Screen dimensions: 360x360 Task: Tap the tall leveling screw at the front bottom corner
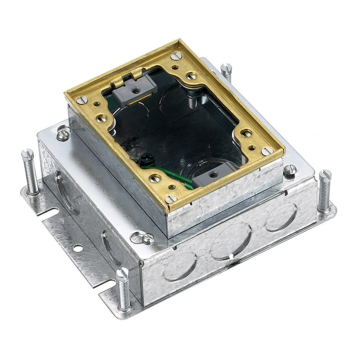click(x=124, y=288)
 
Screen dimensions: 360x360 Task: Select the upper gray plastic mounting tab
click(x=136, y=89)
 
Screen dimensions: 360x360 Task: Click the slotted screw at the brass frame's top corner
click(x=176, y=56)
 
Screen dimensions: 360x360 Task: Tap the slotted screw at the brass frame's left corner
click(x=82, y=100)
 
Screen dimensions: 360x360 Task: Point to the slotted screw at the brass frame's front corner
click(x=171, y=199)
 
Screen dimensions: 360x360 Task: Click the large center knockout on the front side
click(x=231, y=241)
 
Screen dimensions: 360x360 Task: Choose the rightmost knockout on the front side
click(x=281, y=217)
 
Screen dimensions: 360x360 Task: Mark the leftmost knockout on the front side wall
click(x=180, y=266)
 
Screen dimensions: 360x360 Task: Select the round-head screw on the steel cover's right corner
click(x=290, y=170)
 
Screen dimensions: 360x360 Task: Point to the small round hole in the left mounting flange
click(x=78, y=248)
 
